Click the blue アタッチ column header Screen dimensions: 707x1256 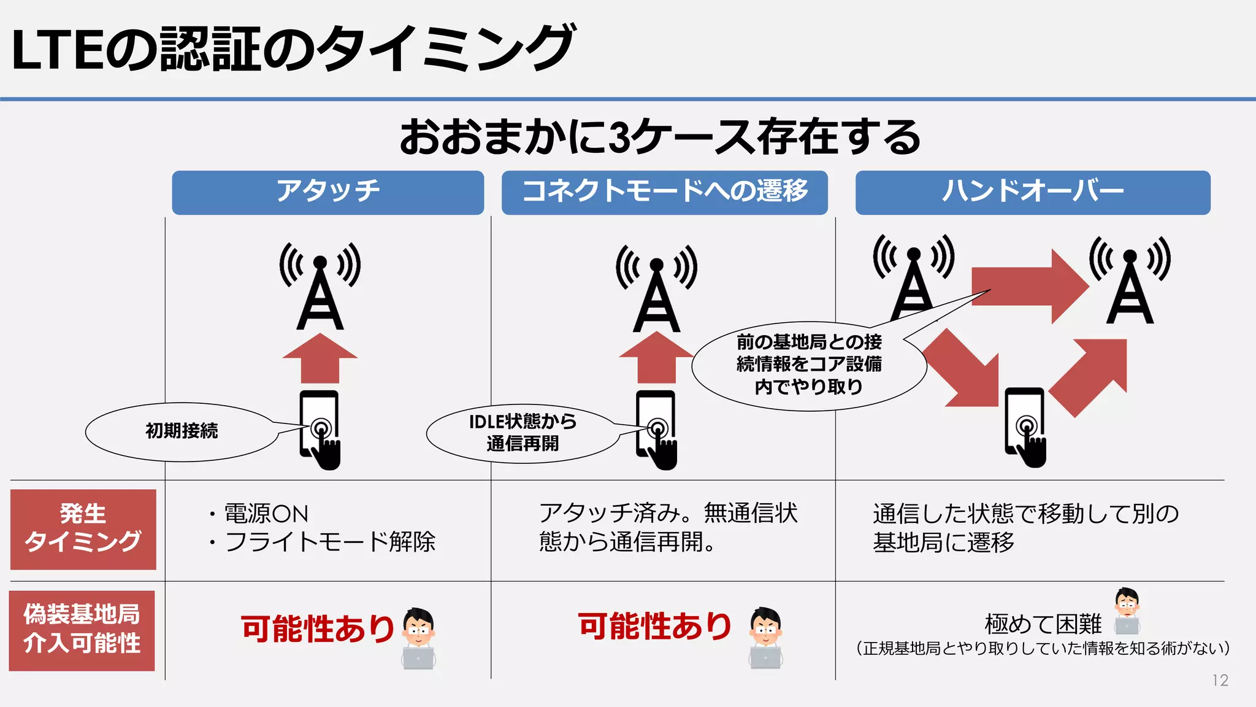(x=327, y=193)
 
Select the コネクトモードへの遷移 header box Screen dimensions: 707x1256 (x=664, y=193)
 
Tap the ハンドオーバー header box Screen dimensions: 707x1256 (x=1032, y=193)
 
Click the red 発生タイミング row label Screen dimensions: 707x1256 (x=83, y=529)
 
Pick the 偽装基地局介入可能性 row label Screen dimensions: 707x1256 (x=82, y=630)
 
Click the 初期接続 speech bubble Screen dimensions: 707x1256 (x=182, y=431)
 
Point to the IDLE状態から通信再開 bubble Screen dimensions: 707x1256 (x=523, y=433)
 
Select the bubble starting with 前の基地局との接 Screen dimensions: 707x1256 (x=808, y=365)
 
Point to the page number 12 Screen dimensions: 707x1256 (x=1220, y=680)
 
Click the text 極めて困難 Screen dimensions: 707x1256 (x=1043, y=625)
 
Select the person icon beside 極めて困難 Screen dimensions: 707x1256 (x=1127, y=611)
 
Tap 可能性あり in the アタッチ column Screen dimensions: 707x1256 (x=318, y=629)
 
